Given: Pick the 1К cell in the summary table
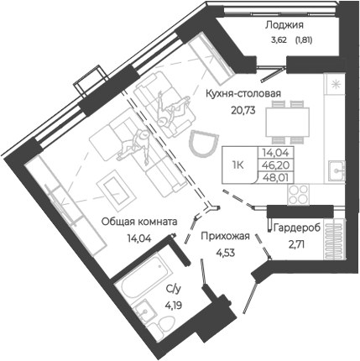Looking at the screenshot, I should coord(238,166).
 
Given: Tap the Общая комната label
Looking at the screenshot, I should coord(138,222).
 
